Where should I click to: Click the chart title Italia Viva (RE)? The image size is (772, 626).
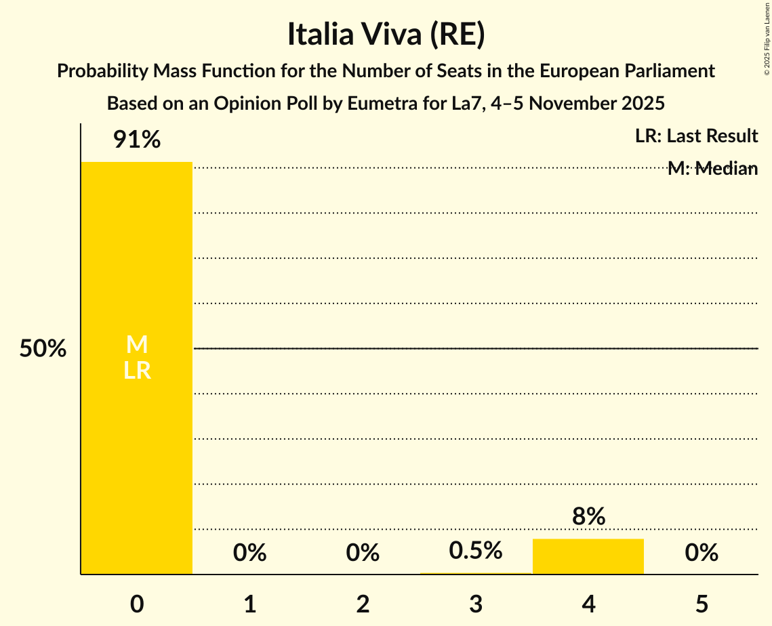coord(386,35)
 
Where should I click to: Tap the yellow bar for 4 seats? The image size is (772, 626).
coord(588,556)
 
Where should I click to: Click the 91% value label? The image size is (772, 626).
coord(137,140)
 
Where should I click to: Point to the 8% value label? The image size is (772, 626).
coord(588,517)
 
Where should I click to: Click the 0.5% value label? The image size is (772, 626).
coord(476,551)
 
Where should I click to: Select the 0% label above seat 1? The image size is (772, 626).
coord(249,553)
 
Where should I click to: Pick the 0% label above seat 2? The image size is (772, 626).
coord(363,553)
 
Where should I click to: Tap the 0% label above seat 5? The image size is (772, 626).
coord(701,553)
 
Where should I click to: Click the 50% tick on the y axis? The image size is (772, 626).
coord(43,349)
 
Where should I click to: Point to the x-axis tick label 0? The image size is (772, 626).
coord(137,604)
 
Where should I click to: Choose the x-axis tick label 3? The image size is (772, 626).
coord(476,604)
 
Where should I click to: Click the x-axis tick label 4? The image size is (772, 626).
coord(588,604)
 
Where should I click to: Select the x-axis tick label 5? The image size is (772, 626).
coord(701,604)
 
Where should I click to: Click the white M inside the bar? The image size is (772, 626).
coord(137,345)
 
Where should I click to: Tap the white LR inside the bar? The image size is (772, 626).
coord(137,371)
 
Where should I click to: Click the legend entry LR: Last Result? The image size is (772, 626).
coord(696,136)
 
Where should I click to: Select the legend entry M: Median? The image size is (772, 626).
coord(712,169)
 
